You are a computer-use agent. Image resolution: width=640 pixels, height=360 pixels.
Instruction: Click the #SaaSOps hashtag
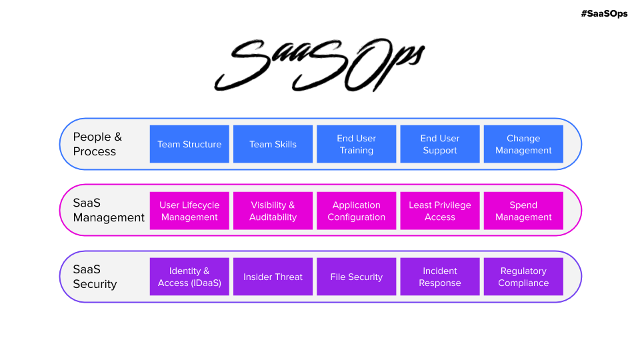[604, 13]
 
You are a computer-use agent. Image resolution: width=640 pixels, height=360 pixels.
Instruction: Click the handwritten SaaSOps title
[319, 65]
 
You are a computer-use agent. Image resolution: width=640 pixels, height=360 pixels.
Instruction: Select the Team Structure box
[189, 144]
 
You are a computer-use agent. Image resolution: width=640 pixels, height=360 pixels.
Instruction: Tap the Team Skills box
[273, 144]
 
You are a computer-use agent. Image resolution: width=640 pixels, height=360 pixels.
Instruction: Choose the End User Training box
[356, 144]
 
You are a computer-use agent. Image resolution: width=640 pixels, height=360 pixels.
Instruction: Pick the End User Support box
[440, 144]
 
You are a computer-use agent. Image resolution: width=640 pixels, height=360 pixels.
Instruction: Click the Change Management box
[523, 144]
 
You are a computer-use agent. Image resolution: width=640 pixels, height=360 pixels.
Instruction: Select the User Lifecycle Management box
[189, 211]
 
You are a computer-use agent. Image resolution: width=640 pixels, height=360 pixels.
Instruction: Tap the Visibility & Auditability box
[273, 211]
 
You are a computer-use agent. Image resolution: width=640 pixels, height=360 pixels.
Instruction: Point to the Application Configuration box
[356, 211]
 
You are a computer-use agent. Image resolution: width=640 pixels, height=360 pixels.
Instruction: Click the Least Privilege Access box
[440, 211]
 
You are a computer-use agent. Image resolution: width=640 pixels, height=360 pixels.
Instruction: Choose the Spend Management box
[523, 211]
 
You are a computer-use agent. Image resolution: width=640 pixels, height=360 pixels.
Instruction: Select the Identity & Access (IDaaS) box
[189, 277]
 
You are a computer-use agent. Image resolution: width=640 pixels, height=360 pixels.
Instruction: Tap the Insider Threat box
[273, 277]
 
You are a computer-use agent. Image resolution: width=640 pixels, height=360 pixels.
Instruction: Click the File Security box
[356, 277]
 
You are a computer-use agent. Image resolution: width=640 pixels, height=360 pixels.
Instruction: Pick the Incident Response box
[440, 277]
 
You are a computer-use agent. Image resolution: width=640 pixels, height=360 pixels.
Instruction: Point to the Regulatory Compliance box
[523, 277]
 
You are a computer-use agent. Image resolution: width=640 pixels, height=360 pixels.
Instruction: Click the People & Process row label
[97, 144]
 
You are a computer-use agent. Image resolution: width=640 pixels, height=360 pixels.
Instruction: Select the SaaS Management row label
[109, 210]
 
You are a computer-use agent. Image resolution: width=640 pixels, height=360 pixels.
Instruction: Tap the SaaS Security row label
[95, 277]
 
